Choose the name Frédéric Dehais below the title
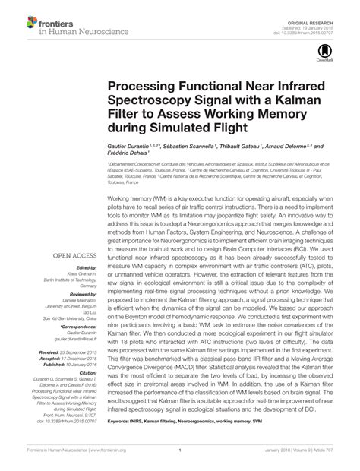tap(130, 155)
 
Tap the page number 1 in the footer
tap(180, 460)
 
